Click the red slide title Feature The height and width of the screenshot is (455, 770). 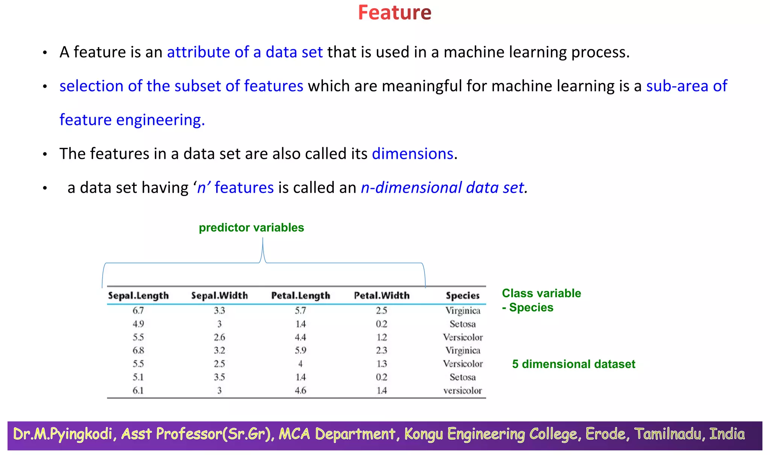(394, 13)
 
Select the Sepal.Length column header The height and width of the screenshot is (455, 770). (138, 296)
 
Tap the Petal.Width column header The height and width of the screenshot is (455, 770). (382, 296)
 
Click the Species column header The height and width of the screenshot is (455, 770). (462, 296)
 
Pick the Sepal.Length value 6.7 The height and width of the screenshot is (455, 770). (138, 311)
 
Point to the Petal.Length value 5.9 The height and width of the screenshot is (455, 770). (300, 350)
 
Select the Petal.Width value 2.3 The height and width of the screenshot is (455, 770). (382, 350)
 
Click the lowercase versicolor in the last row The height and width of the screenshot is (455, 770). (462, 391)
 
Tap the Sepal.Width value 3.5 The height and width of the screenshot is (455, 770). (219, 377)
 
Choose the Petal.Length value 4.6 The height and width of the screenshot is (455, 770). (300, 391)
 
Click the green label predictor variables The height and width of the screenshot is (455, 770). (251, 228)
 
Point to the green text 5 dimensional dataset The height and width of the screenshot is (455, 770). (573, 364)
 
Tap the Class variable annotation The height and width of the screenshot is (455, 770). (541, 293)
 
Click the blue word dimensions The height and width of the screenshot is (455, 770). (412, 154)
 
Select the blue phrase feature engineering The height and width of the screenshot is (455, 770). (132, 120)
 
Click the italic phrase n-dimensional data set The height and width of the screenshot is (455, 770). (442, 188)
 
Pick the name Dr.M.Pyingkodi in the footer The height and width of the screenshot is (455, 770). (62, 434)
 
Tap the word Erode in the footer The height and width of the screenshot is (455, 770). (605, 434)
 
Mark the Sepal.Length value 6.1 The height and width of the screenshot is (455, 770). (138, 391)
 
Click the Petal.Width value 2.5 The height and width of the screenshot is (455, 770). (382, 311)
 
